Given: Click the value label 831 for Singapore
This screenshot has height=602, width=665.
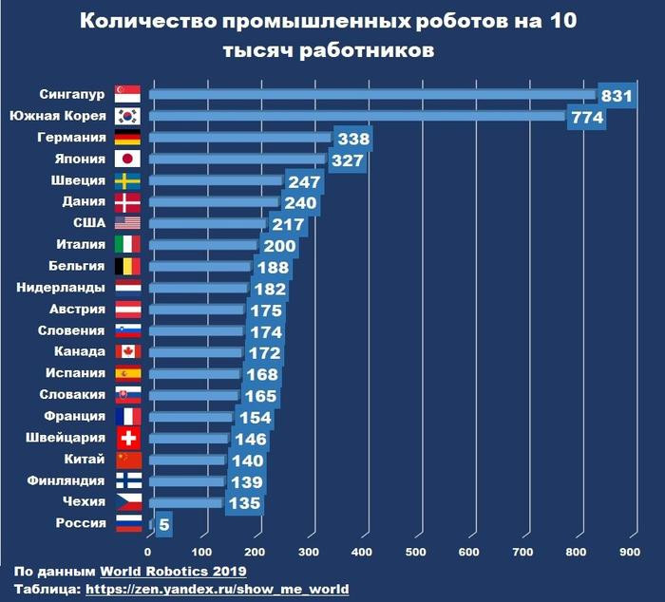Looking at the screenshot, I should (x=617, y=95).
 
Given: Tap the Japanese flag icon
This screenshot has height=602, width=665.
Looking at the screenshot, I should (x=127, y=159).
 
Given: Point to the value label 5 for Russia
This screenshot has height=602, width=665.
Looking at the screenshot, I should (x=164, y=524).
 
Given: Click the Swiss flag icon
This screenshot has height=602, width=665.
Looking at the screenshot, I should (x=127, y=438).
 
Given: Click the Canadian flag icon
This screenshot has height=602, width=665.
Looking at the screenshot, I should (x=127, y=352).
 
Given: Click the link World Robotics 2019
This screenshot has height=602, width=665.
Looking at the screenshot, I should (x=173, y=571).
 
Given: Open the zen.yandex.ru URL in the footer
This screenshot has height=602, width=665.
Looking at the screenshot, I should (x=217, y=589).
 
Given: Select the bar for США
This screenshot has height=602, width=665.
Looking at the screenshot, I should (x=208, y=223).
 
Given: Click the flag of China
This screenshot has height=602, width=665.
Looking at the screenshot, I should (x=127, y=460).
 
